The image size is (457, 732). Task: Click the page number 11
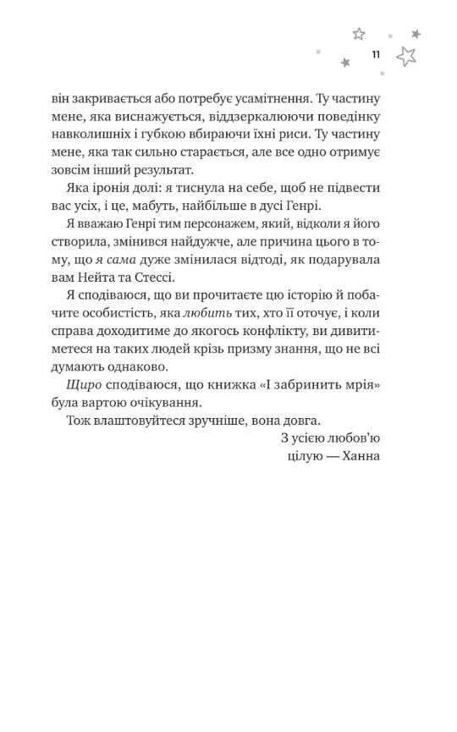tap(375, 55)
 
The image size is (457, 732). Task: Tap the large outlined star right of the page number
tap(407, 57)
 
